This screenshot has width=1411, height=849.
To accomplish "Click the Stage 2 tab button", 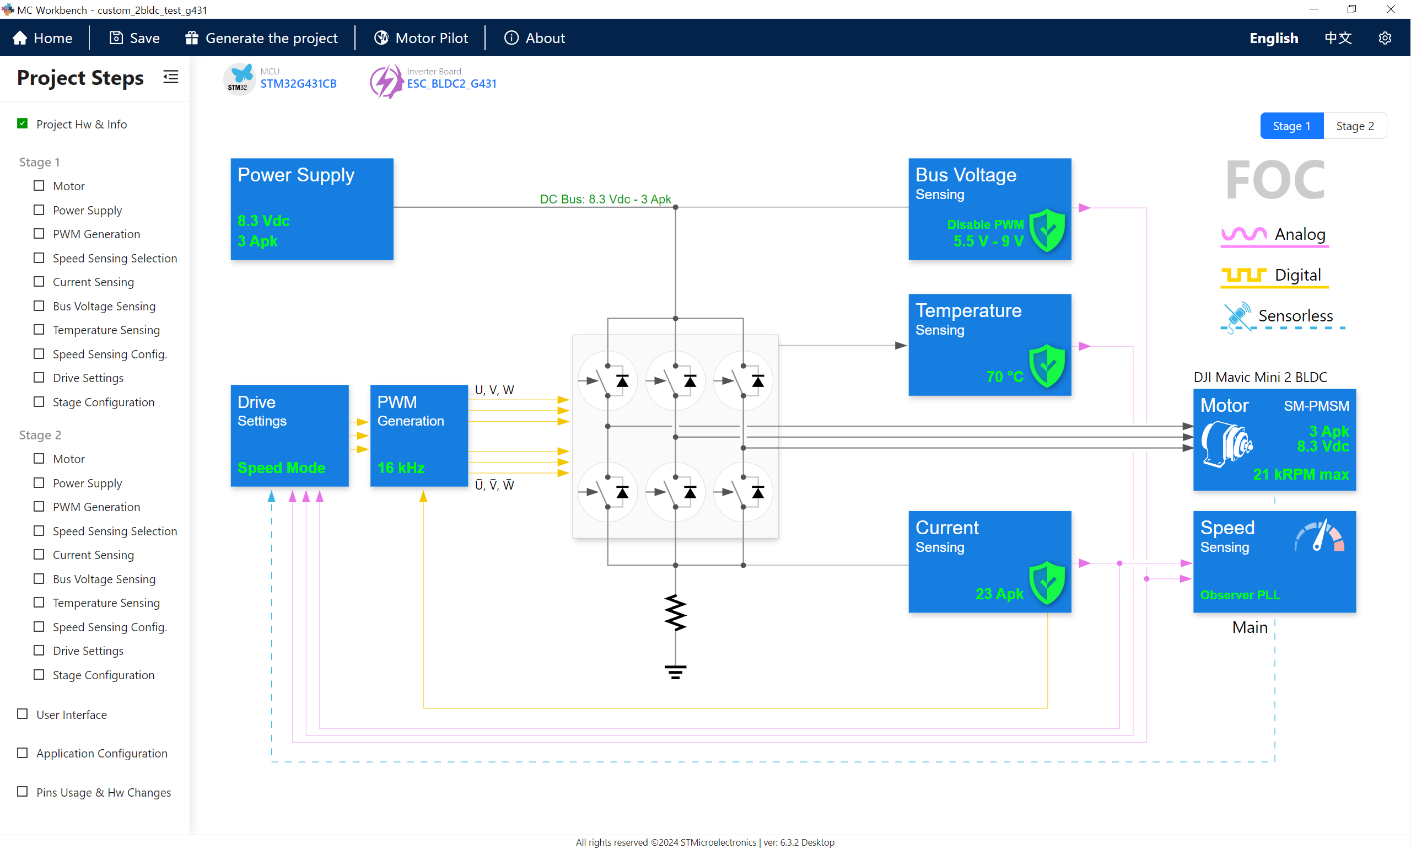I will click(1354, 126).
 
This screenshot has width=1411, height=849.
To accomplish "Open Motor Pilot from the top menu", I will click(421, 37).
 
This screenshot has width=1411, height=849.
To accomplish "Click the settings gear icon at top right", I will click(1384, 37).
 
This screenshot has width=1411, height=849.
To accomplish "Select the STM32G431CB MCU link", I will click(298, 84).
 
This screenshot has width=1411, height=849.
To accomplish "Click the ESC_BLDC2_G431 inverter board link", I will click(451, 84).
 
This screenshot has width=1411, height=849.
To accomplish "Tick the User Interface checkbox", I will click(22, 714).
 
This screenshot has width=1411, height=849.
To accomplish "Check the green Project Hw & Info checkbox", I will click(22, 123).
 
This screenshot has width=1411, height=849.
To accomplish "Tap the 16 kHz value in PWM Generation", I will click(400, 468).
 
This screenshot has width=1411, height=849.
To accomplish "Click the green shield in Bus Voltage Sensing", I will click(1047, 230).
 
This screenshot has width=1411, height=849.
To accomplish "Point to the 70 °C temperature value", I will click(1004, 377).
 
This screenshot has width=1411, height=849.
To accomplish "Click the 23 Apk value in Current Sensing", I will click(999, 594).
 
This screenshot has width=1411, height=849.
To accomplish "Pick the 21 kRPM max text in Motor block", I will click(1300, 474).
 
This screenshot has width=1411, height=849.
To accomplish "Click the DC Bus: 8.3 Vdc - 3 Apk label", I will click(605, 199).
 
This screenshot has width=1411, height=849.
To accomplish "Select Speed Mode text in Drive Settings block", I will click(281, 468).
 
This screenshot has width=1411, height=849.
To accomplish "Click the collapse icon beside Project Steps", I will click(170, 77).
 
